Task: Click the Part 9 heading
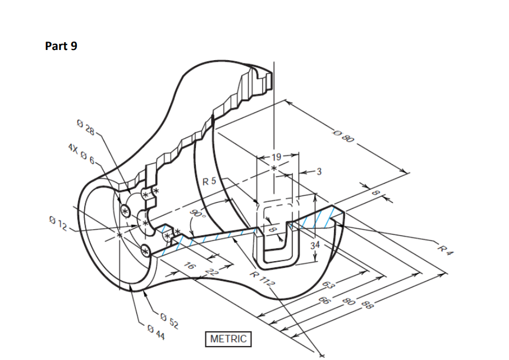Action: (x=61, y=47)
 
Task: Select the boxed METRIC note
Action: (x=228, y=339)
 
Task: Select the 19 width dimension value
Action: (x=276, y=157)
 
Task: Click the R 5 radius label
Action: (x=209, y=181)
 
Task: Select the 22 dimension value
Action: (x=212, y=272)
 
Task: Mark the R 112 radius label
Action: (x=263, y=279)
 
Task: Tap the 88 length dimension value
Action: (x=367, y=305)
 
